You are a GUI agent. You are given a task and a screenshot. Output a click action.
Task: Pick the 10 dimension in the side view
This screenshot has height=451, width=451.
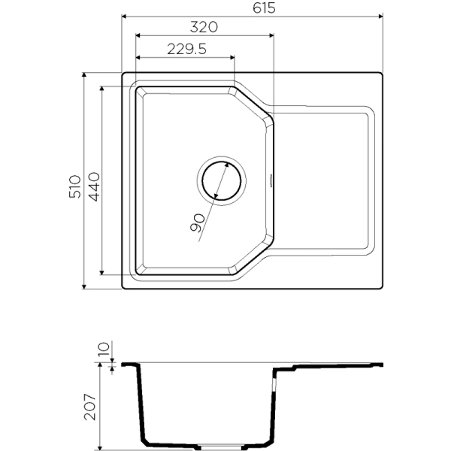click(104, 349)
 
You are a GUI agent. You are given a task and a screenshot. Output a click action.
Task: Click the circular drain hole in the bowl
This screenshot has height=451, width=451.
click(221, 180)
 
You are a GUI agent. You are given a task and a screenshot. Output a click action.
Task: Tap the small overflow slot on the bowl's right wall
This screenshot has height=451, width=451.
click(271, 180)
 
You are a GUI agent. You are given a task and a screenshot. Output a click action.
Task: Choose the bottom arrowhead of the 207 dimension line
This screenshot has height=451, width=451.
click(101, 447)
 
